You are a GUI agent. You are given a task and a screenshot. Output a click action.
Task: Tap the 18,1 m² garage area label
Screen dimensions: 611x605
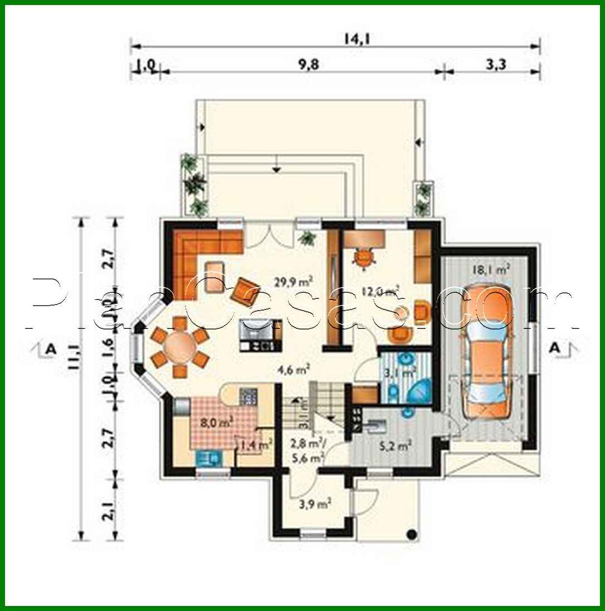click(x=491, y=270)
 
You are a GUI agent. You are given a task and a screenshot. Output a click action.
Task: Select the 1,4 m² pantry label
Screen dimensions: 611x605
click(x=256, y=444)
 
